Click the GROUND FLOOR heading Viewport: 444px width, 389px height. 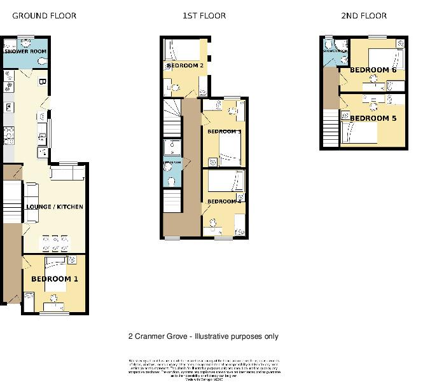[x=44, y=16]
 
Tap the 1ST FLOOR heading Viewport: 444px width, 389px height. [x=204, y=16]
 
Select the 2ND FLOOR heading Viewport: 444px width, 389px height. [x=364, y=16]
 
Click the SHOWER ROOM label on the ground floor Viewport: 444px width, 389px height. [x=26, y=51]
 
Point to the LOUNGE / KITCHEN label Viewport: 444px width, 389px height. [x=54, y=207]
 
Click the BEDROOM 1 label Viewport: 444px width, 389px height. [x=55, y=279]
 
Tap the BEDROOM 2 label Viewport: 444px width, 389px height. [x=184, y=65]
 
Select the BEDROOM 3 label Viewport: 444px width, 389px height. [x=223, y=132]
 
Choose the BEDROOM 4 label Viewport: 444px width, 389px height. [x=223, y=201]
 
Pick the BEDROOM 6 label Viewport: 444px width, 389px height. [x=373, y=70]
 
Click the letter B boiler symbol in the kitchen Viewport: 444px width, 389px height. [x=41, y=82]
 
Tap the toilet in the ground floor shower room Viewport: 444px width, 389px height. [x=42, y=61]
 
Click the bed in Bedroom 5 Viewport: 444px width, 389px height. [x=360, y=133]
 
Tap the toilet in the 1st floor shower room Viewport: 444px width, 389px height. [x=172, y=181]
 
